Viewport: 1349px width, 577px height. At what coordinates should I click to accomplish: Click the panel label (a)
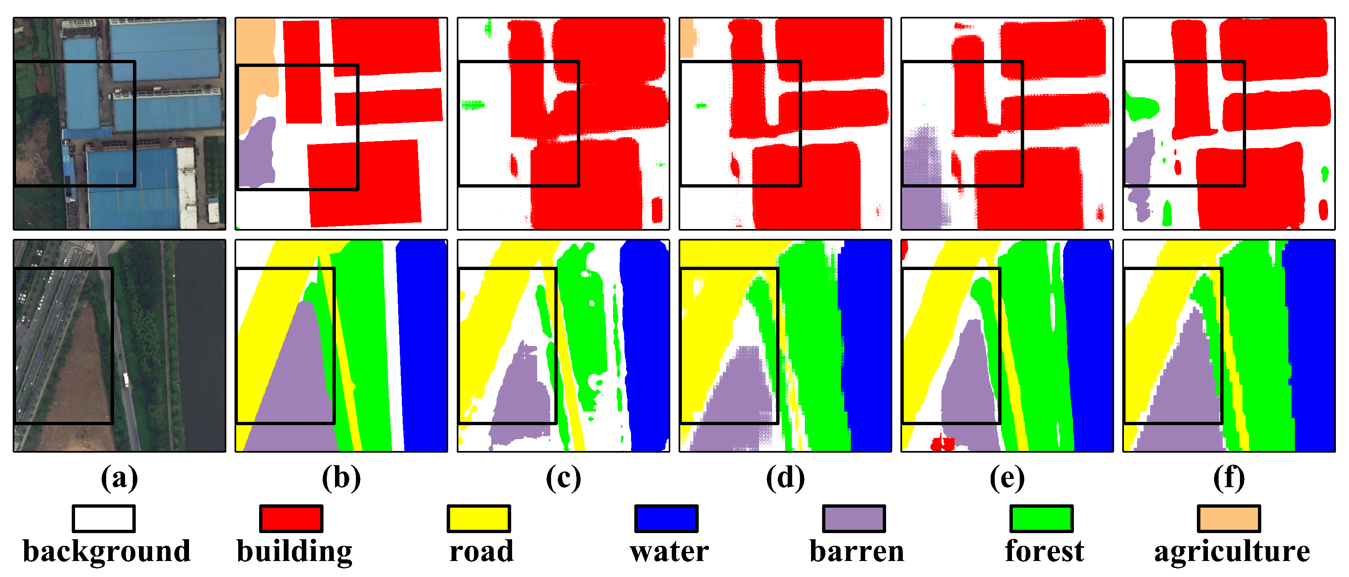[119, 479]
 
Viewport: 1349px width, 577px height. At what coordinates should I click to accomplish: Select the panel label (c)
[563, 479]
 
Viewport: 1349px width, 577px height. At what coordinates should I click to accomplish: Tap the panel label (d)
[786, 479]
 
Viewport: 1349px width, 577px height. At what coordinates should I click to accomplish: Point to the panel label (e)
[1007, 479]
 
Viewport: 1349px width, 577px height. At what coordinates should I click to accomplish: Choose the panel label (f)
[1229, 479]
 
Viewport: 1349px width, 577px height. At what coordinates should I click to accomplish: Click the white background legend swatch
[104, 518]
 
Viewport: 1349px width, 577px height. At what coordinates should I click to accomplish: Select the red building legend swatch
[291, 518]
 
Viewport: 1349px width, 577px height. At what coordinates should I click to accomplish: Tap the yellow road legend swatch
[479, 518]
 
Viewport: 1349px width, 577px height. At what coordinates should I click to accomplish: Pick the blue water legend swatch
[666, 518]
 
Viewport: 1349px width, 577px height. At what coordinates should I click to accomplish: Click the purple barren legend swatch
[854, 518]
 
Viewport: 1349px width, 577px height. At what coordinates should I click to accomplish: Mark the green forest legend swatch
[1041, 518]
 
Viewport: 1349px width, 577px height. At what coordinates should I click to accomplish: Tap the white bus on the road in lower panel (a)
[126, 380]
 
